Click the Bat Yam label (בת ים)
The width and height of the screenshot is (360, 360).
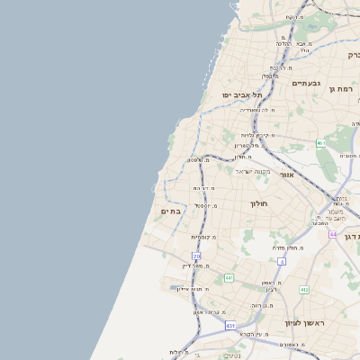(171, 211)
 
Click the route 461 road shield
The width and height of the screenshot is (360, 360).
(321, 143)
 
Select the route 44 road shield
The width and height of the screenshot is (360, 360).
(333, 235)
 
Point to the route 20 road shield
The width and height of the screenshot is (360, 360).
(196, 256)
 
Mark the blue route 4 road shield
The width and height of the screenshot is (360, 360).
(281, 261)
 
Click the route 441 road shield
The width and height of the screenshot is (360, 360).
(229, 278)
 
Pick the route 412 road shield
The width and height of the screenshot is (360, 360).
(304, 290)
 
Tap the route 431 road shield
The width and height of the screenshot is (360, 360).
(230, 325)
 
